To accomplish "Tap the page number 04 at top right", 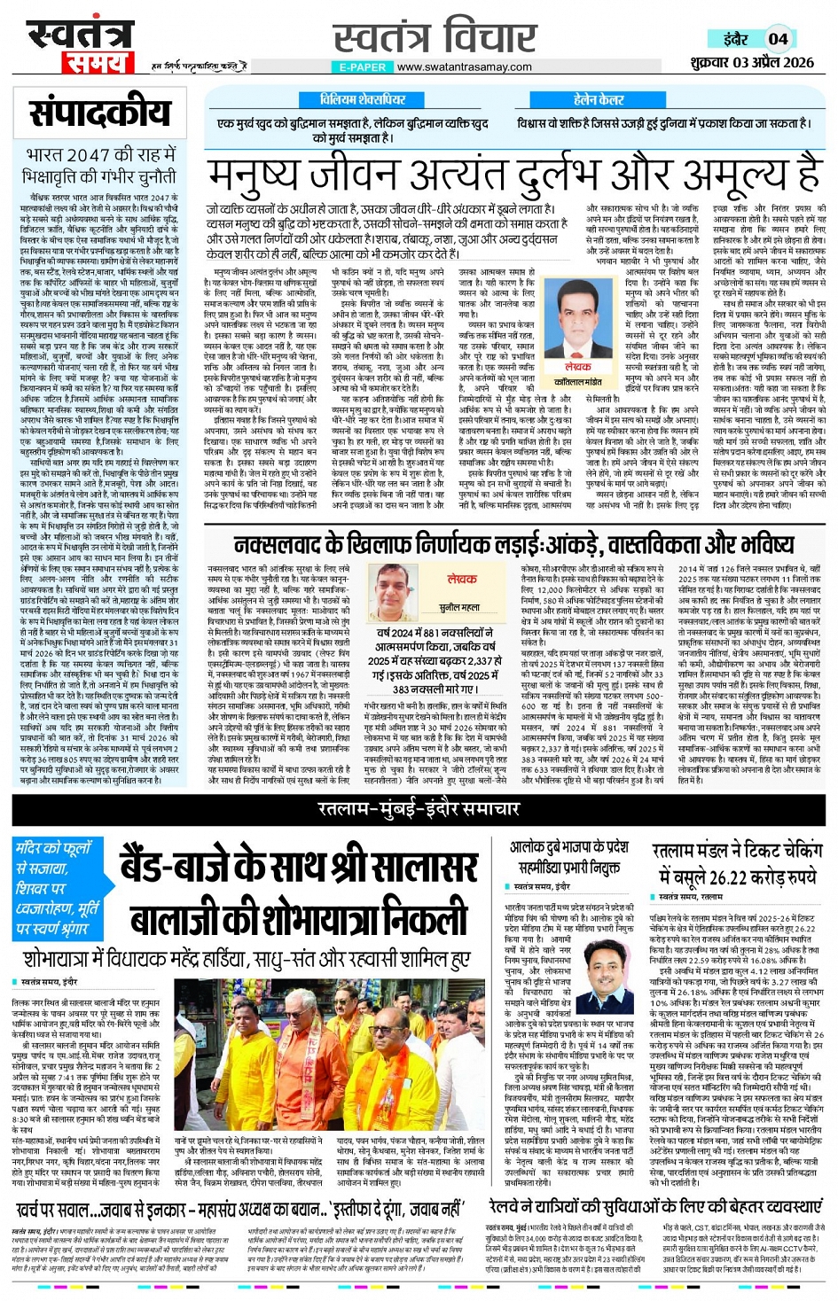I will [x=778, y=38].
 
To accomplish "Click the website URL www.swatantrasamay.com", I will [x=465, y=67].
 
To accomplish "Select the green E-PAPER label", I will [x=362, y=67].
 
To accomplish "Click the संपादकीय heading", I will [x=100, y=113].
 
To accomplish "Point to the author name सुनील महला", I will [x=459, y=607].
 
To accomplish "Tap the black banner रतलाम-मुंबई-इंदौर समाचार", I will [x=419, y=808].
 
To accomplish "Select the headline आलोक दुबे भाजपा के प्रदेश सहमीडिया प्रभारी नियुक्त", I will [x=568, y=857].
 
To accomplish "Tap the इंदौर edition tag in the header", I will [x=735, y=38].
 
